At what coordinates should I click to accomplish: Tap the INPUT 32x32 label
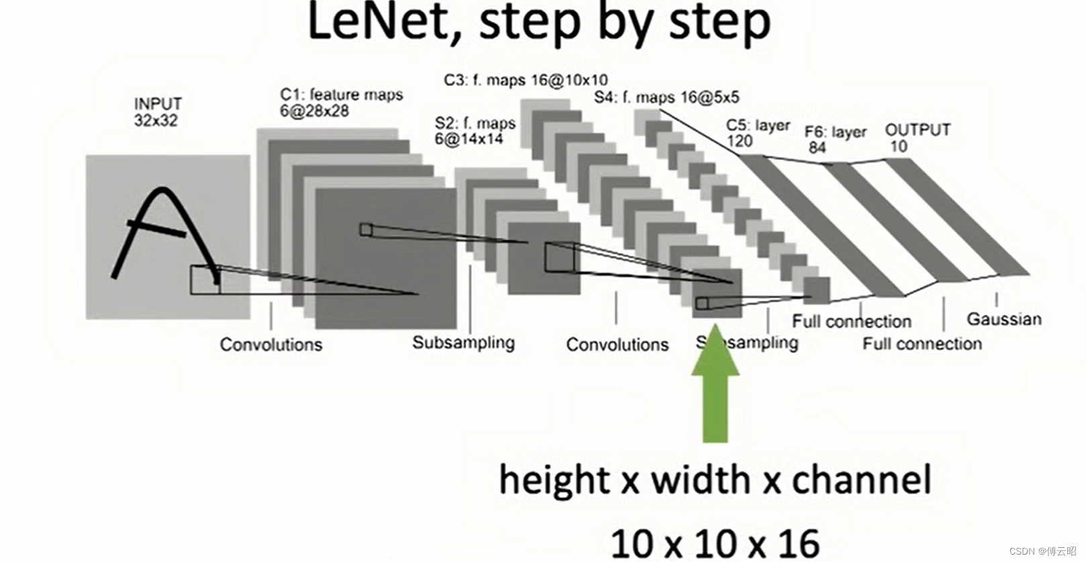pos(158,111)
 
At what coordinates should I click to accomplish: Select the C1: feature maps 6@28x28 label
pos(341,102)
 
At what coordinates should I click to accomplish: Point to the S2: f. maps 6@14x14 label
pos(475,131)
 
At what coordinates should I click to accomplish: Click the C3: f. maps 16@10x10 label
pos(526,80)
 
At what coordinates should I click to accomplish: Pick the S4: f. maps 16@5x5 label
pos(666,97)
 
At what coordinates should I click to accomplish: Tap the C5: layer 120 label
pos(757,133)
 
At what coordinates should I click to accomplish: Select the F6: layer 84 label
pos(835,139)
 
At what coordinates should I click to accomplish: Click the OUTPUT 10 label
pos(917,138)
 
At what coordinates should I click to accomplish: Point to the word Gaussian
pos(1003,319)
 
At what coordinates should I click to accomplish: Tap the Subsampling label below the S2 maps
pos(463,342)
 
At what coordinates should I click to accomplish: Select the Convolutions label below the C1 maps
pos(271,344)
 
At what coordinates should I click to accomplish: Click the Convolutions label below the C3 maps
pos(618,344)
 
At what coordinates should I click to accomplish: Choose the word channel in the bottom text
pos(861,480)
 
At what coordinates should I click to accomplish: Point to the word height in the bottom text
pos(554,480)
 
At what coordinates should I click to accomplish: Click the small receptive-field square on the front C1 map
pos(366,230)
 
